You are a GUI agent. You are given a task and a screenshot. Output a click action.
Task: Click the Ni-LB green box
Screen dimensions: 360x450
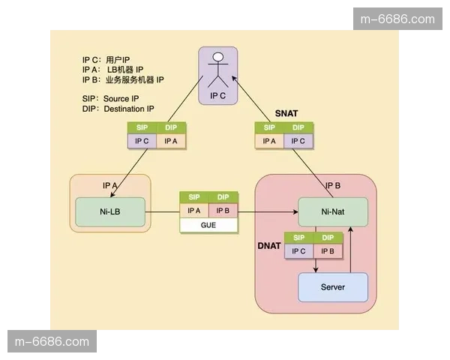pos(109,212)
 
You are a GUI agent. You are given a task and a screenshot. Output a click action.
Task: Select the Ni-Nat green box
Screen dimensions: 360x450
pos(333,212)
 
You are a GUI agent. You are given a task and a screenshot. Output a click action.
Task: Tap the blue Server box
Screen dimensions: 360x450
pos(333,287)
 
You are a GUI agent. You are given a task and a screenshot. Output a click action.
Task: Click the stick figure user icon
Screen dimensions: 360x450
pos(218,68)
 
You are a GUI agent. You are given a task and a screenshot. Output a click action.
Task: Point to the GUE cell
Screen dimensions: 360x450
pos(208,224)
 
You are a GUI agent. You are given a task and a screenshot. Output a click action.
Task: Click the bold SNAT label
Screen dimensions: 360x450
pos(286,113)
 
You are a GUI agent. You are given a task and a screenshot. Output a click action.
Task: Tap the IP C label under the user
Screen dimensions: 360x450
pos(218,96)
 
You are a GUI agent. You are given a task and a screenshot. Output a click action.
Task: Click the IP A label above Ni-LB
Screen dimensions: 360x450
pos(110,185)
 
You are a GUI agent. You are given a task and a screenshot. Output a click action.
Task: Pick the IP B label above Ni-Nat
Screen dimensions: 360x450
pos(333,185)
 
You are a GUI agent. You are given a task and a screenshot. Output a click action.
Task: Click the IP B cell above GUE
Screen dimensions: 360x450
pos(223,211)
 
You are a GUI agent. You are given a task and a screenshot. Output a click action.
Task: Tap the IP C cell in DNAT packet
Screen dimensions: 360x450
pos(298,251)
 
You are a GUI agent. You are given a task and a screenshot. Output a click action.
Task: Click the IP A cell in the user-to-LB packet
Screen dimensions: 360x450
pos(171,140)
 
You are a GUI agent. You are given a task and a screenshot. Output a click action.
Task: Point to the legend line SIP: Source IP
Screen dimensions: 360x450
pos(110,98)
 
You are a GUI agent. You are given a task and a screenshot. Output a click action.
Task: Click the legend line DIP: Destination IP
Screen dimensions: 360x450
pos(118,109)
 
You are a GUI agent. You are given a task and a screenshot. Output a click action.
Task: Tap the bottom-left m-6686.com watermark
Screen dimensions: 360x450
pos(52,342)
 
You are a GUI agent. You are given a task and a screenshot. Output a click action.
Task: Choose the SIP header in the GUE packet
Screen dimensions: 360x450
pos(194,197)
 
